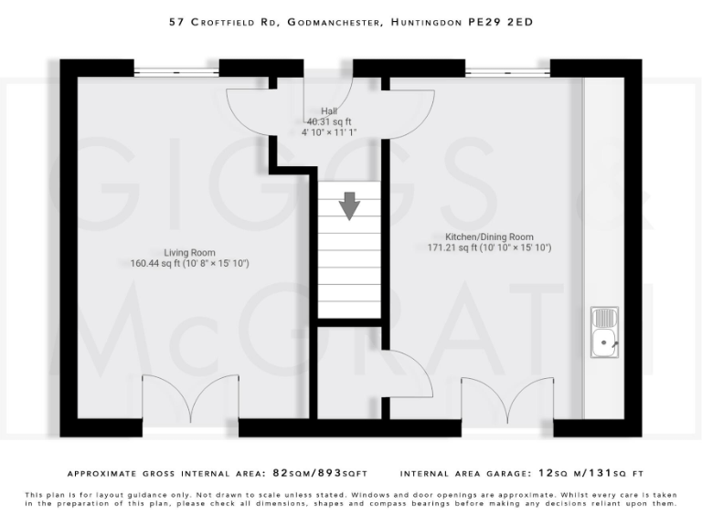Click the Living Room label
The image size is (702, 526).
coord(189,253)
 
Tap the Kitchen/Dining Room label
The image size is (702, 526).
coord(489,237)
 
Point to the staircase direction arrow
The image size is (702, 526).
coord(349,205)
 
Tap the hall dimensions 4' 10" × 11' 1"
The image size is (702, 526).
coord(329,132)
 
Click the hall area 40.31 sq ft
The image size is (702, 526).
coord(329,121)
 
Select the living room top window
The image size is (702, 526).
coord(175,68)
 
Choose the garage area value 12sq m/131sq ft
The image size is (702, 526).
coord(591,474)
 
